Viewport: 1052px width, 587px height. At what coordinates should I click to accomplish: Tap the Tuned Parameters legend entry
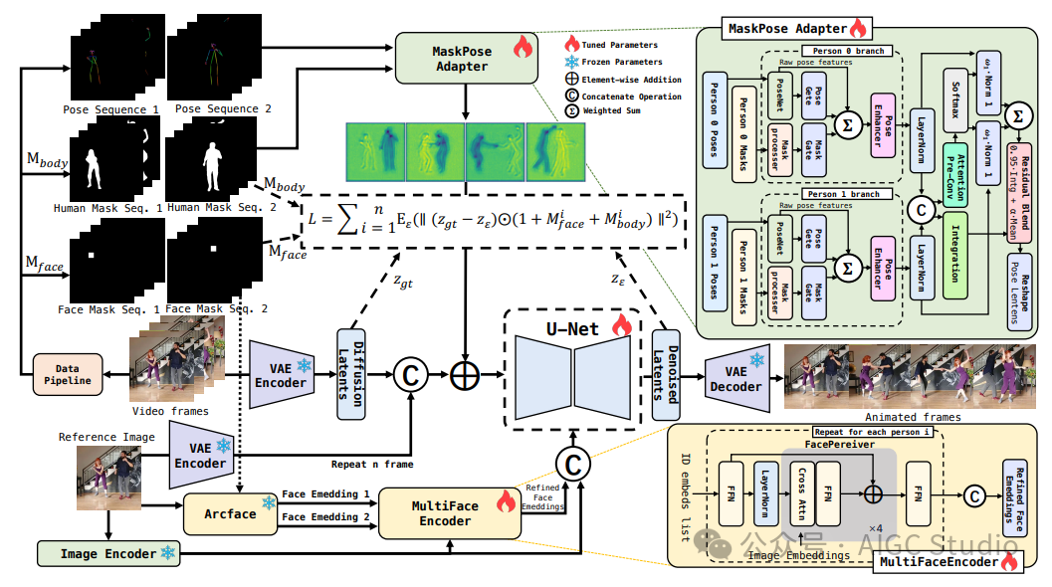[x=616, y=45]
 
